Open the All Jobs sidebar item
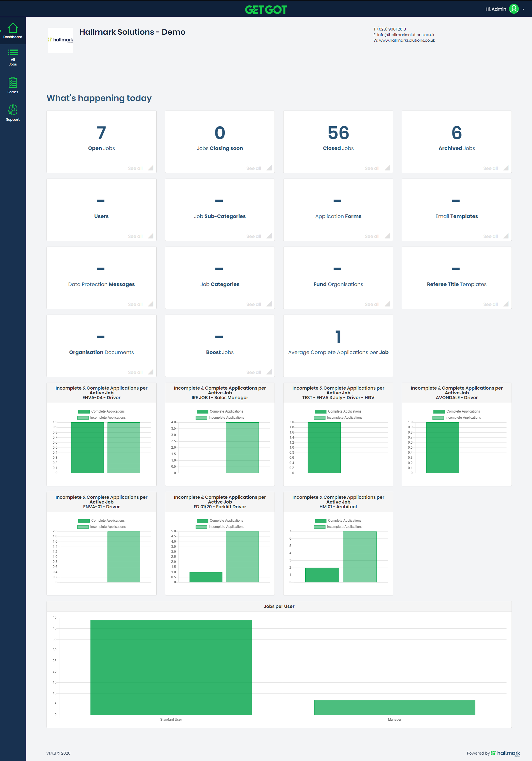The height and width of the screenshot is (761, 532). point(13,57)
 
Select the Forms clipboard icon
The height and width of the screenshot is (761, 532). point(13,82)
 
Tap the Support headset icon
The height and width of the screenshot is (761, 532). point(13,110)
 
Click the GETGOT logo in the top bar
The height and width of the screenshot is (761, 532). point(266,10)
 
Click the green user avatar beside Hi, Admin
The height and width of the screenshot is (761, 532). point(514,9)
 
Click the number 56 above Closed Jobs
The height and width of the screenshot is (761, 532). point(338,133)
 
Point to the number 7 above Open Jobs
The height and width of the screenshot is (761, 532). point(101,133)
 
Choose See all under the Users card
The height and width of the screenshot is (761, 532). point(135,236)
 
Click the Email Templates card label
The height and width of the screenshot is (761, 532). point(457,216)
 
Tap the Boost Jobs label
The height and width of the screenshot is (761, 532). point(220,352)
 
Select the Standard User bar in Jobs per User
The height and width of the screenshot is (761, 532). point(171,667)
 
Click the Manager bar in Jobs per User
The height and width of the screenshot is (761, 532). point(394,707)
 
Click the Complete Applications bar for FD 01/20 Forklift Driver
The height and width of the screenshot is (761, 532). point(206,577)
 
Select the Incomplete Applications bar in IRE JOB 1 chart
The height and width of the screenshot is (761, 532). point(242,448)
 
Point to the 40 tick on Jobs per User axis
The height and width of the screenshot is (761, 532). point(54,628)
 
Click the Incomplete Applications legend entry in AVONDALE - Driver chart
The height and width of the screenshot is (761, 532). point(456,418)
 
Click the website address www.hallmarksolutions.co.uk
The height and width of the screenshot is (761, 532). point(406,40)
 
